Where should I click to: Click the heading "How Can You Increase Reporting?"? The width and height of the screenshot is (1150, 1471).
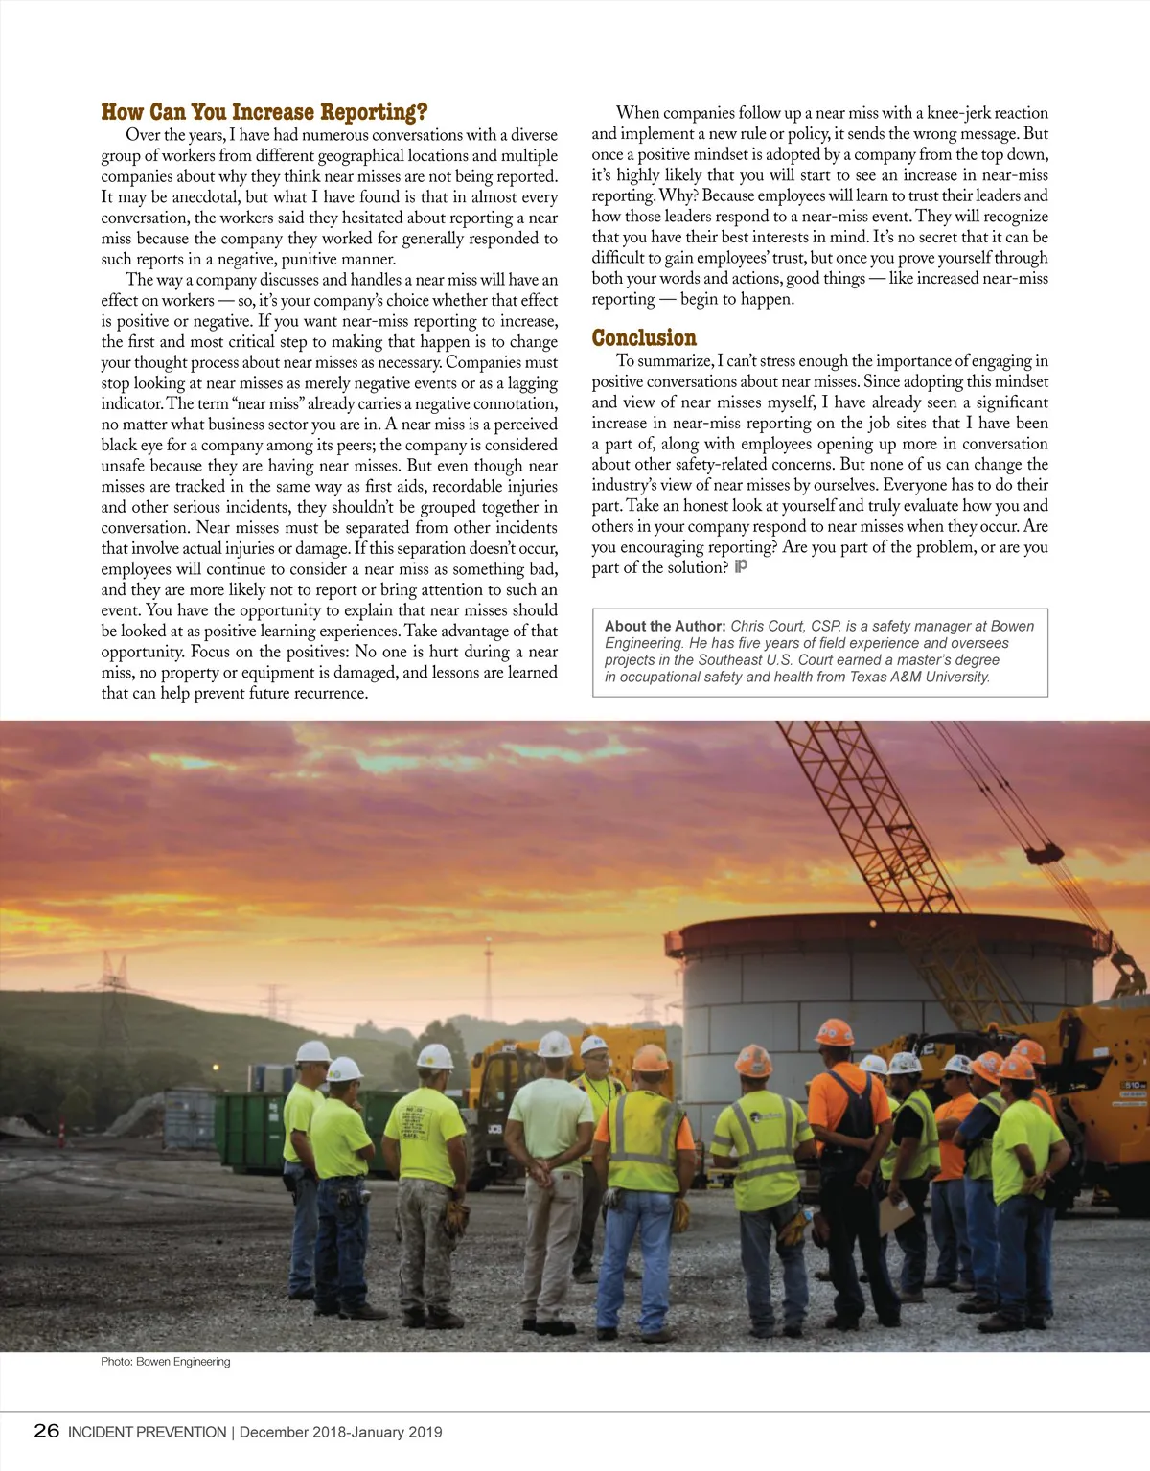(264, 112)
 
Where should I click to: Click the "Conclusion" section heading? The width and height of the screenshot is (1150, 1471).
(644, 337)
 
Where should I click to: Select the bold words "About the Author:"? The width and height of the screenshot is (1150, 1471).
(665, 626)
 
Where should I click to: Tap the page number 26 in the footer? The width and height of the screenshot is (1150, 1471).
(46, 1431)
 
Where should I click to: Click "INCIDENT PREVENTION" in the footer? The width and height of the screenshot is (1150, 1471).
(147, 1432)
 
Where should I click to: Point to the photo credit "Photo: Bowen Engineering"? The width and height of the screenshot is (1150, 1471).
(166, 1361)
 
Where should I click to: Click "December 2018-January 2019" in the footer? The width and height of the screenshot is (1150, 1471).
(341, 1432)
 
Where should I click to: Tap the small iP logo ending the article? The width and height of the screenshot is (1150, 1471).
(741, 566)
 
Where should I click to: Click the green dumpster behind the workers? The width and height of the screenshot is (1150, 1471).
(251, 1131)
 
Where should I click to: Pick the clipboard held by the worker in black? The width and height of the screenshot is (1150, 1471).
(896, 1215)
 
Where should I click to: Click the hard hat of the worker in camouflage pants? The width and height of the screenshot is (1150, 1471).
(435, 1056)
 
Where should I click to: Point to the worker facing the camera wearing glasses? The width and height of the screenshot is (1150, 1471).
(595, 1064)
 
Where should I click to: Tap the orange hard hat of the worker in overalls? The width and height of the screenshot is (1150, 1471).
(834, 1032)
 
